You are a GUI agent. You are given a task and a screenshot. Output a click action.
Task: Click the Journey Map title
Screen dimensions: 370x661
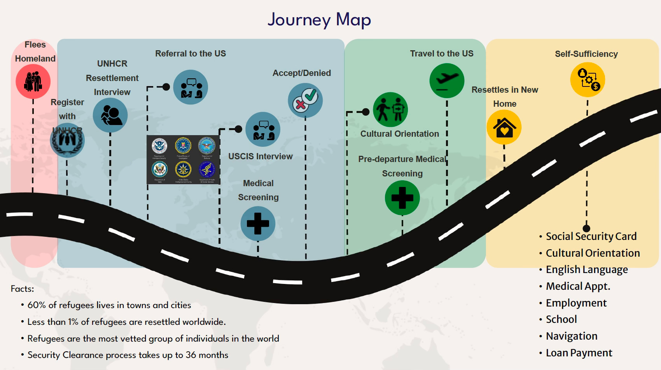(x=319, y=19)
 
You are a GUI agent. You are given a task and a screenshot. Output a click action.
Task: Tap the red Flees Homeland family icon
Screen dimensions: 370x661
(x=33, y=81)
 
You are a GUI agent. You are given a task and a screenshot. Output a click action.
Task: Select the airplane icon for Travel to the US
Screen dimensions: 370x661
(x=447, y=81)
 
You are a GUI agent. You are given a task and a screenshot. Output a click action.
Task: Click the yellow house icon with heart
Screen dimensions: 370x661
(x=504, y=127)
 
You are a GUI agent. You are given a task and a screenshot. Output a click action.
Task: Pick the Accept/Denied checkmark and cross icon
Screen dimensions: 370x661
(x=305, y=100)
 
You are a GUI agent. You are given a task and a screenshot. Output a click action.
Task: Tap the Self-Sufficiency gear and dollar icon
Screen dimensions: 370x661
(x=588, y=79)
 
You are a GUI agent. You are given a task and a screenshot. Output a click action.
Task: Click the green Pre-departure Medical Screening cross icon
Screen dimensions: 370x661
(x=402, y=198)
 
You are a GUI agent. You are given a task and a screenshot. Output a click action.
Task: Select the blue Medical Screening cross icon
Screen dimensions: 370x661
(x=258, y=224)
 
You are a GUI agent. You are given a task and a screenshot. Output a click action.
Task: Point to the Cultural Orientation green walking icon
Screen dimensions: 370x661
(x=390, y=109)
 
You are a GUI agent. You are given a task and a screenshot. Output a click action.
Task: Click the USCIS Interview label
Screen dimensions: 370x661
(x=260, y=157)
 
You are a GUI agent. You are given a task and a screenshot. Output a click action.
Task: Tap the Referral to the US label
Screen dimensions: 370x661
(x=190, y=54)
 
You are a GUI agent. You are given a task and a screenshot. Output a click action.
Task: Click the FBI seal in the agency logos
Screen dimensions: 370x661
(x=183, y=146)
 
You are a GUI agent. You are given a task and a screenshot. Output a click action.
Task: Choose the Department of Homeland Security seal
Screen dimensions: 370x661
(x=159, y=146)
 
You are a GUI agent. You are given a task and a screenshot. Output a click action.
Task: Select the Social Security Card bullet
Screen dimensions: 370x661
(x=591, y=236)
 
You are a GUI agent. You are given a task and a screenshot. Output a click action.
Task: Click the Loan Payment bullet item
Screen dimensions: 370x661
(x=579, y=353)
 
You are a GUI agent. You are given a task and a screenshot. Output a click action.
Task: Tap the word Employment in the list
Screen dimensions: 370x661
(x=576, y=303)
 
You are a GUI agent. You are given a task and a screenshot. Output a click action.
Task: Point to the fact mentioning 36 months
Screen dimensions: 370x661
(x=128, y=355)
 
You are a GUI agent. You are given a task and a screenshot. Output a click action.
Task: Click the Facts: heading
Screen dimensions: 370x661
(x=22, y=289)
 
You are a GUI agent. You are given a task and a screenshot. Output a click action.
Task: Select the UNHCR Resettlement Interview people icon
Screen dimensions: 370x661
(x=110, y=115)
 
